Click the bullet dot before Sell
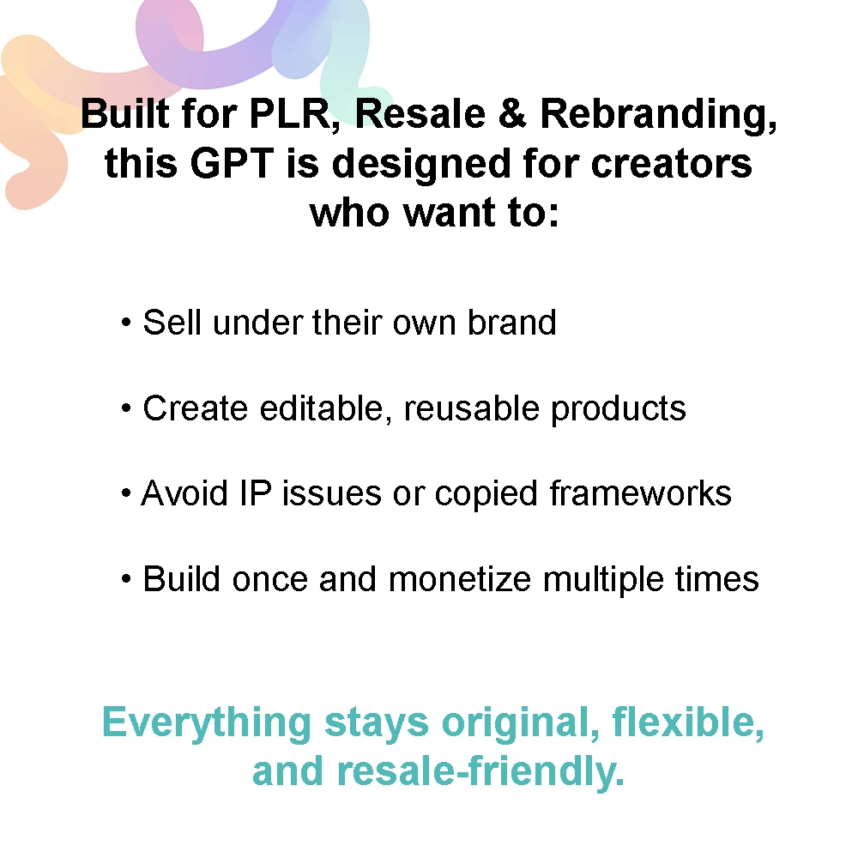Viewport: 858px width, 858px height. (126, 324)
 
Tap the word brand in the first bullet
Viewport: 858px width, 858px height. (512, 323)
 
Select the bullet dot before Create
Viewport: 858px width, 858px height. (126, 410)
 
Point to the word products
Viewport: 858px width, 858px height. (619, 410)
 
